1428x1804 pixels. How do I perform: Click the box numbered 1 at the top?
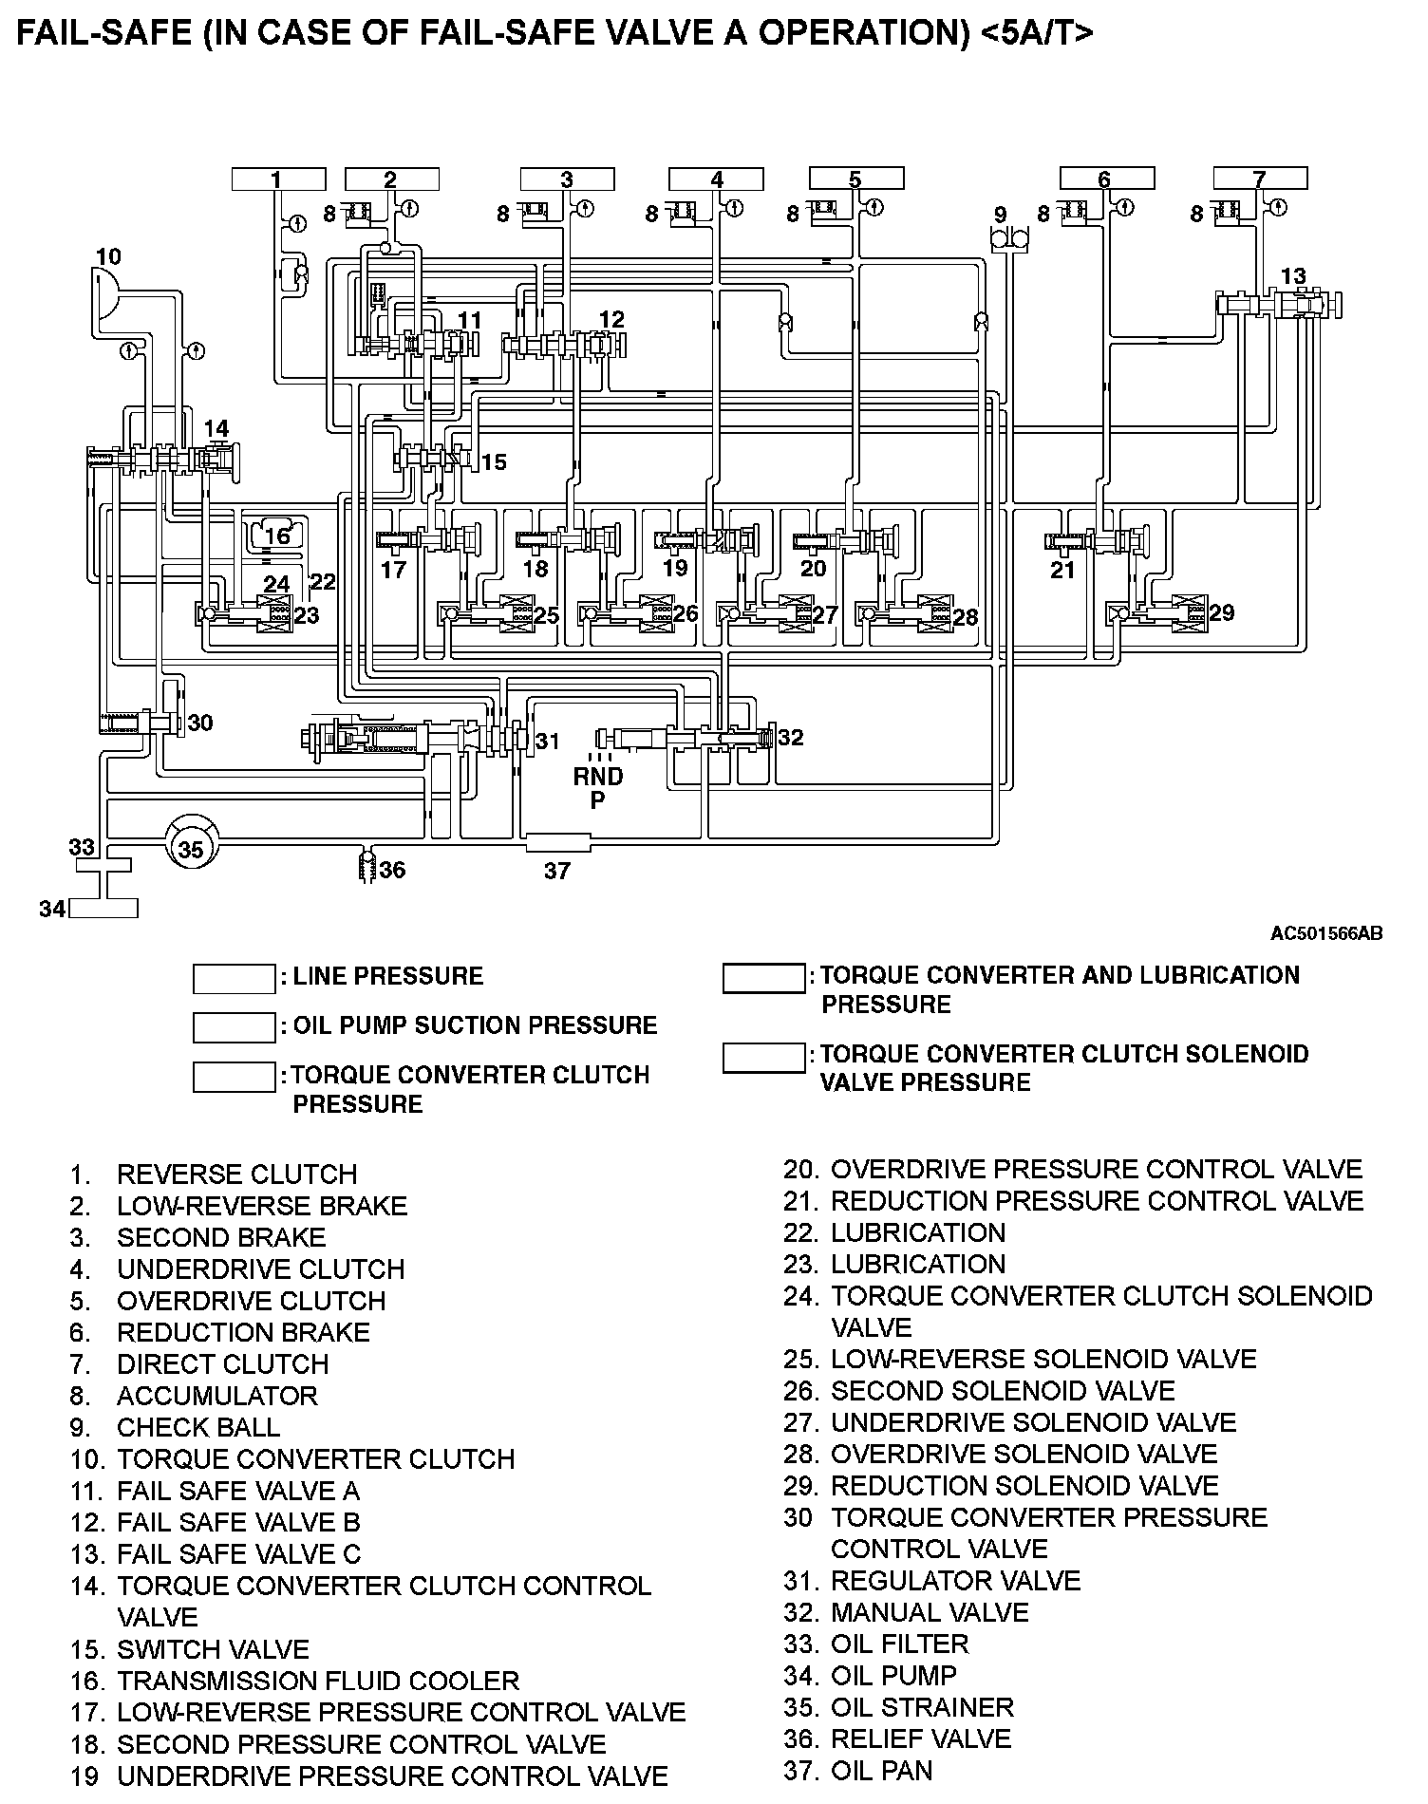click(x=278, y=179)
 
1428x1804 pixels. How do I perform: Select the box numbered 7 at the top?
click(x=1260, y=179)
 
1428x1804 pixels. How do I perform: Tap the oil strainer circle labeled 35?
click(x=191, y=848)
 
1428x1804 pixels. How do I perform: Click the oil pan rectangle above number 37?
click(x=557, y=841)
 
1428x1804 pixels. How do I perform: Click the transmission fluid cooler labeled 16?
click(x=276, y=536)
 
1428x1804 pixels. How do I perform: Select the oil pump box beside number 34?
click(x=103, y=909)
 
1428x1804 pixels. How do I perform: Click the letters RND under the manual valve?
click(x=598, y=777)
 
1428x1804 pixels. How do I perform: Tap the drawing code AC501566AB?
click(x=1326, y=933)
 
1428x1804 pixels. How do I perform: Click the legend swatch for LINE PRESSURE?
click(x=234, y=978)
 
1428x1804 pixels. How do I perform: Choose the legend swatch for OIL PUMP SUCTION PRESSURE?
click(x=234, y=1026)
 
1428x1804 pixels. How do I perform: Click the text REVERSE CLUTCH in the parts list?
click(x=236, y=1174)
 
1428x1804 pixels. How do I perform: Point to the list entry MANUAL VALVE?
click(x=930, y=1612)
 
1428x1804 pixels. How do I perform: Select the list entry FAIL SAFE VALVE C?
click(x=238, y=1554)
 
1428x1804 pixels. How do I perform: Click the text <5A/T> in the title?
click(x=1036, y=33)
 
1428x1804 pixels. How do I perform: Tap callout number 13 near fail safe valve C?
click(x=1293, y=276)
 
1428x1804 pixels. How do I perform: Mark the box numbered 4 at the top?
click(x=717, y=179)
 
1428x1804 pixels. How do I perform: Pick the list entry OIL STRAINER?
click(x=922, y=1707)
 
